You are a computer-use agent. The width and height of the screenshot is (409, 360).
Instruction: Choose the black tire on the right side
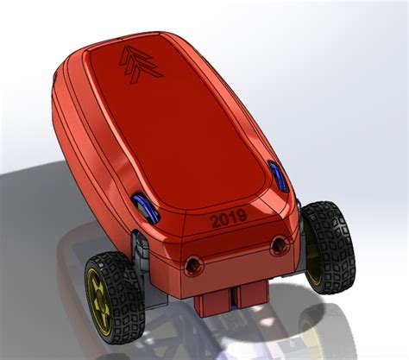[x=329, y=246]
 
